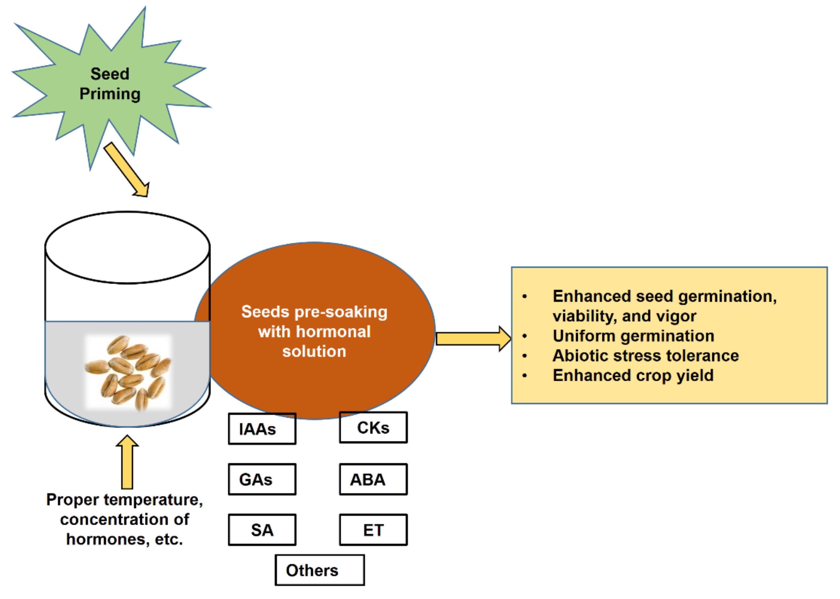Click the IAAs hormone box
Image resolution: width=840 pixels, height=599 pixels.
coord(262,429)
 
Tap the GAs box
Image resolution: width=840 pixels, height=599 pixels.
coord(262,479)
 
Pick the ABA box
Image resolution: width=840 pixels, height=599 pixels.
coord(373,479)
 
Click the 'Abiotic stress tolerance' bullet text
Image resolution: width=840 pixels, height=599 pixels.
coord(645,356)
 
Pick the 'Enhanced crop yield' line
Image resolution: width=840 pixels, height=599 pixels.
coord(633,376)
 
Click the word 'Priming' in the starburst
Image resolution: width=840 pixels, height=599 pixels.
coord(110,94)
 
